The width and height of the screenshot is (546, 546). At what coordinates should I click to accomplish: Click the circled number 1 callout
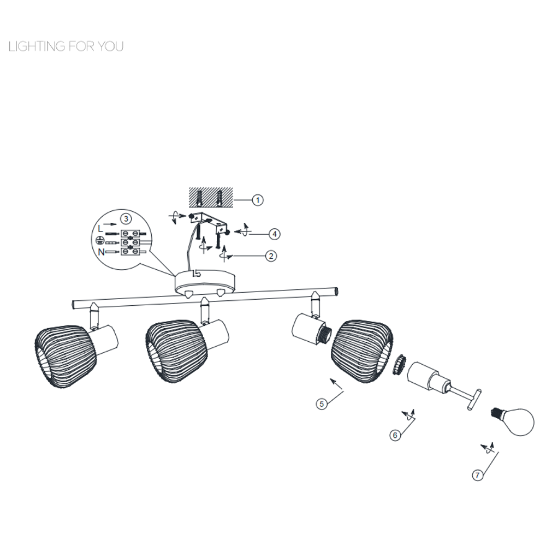[258, 200]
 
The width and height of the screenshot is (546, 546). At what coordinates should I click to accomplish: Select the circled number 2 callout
[271, 256]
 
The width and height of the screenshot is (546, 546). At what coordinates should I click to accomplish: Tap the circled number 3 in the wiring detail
[126, 219]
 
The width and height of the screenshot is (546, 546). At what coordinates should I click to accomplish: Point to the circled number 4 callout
[275, 234]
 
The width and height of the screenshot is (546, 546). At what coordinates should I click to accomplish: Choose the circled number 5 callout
[322, 404]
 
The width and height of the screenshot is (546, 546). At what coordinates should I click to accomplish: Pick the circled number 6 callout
[395, 435]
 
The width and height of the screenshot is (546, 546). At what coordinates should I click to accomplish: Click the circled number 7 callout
[477, 475]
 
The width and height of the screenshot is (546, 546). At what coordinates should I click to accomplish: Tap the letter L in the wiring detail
[100, 229]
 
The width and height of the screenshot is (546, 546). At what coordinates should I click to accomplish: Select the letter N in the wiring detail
[101, 252]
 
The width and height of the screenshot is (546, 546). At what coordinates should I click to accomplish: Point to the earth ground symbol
[99, 240]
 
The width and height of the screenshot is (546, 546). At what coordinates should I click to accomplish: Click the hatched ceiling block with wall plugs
[211, 198]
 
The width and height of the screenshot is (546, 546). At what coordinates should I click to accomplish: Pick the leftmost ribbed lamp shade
[66, 356]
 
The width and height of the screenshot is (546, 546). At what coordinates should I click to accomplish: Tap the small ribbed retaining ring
[400, 365]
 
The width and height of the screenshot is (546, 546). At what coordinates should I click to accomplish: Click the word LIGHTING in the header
[37, 46]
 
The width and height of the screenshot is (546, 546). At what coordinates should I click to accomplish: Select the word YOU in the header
[110, 46]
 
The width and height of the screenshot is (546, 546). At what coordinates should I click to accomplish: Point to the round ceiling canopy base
[205, 282]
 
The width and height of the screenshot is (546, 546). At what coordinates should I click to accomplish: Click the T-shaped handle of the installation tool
[474, 400]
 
